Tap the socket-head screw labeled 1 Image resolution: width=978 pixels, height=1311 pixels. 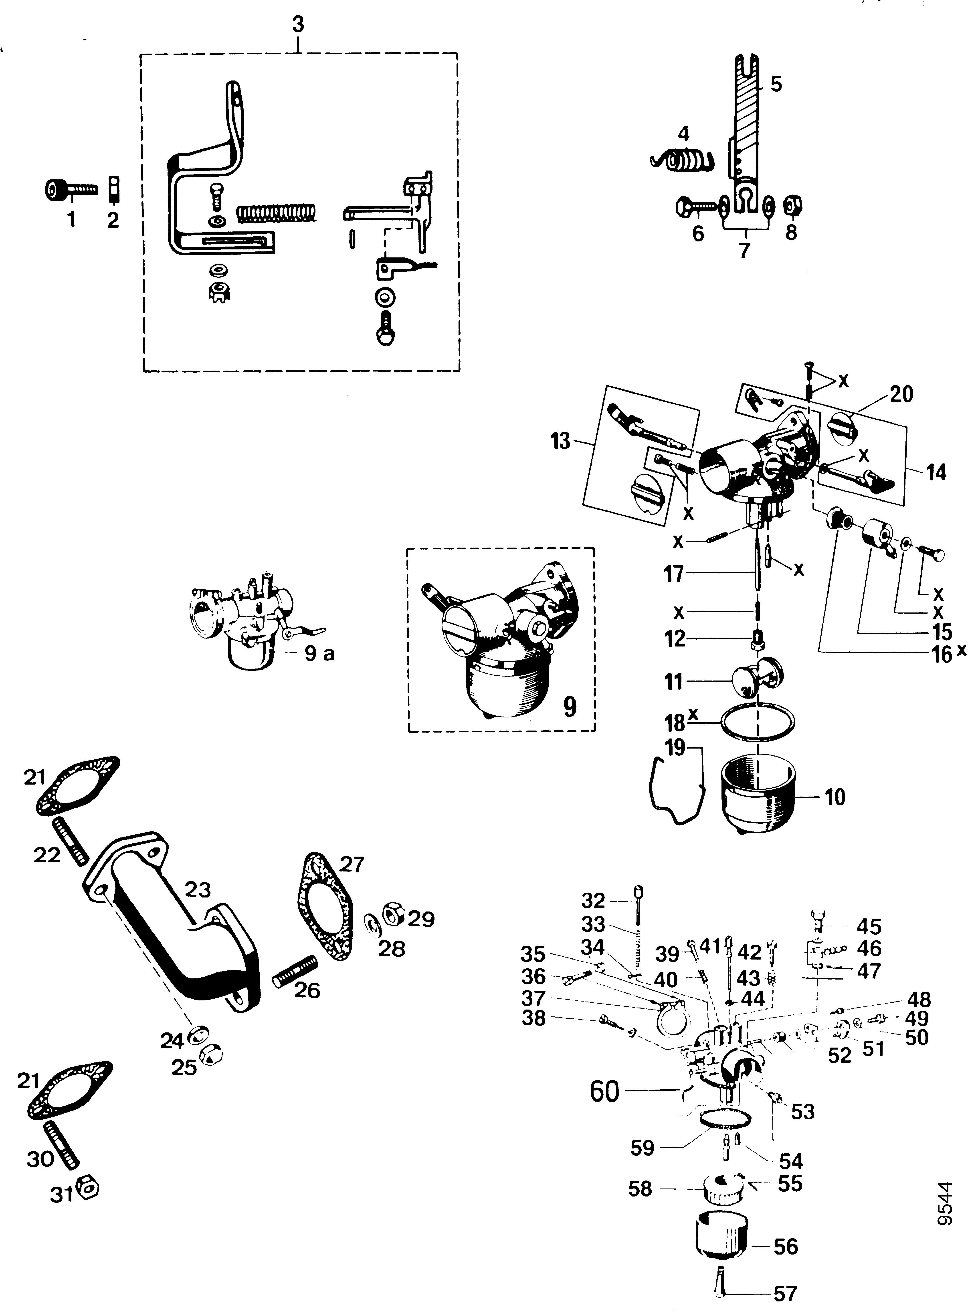pyautogui.click(x=71, y=189)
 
